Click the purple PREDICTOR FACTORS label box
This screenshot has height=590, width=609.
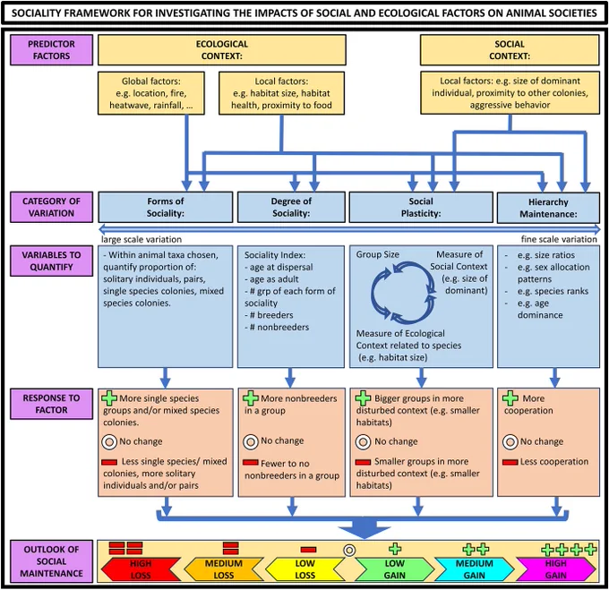tap(51, 49)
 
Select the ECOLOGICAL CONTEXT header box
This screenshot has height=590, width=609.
tap(222, 49)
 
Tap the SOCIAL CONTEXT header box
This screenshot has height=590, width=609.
tap(510, 49)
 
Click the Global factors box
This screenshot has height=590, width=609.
tap(151, 93)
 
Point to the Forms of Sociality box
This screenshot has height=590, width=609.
tap(166, 207)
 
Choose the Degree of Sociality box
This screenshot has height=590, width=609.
tap(291, 207)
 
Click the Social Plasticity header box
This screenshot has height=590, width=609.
tap(421, 207)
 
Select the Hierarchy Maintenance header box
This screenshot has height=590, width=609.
tap(548, 208)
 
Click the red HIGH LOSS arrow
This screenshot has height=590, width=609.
tap(141, 569)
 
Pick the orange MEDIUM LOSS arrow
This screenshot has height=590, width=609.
tap(223, 569)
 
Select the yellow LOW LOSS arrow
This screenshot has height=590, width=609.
tap(304, 569)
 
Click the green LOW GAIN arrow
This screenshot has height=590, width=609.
tap(394, 569)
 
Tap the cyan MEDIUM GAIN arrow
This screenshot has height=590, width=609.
tap(475, 569)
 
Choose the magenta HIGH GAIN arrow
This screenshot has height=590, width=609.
tap(556, 569)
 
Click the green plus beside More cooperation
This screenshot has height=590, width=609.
tap(510, 398)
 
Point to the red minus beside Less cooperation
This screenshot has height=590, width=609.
tap(510, 462)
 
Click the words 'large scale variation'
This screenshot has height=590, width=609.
tap(142, 239)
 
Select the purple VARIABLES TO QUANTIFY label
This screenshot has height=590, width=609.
tap(51, 261)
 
